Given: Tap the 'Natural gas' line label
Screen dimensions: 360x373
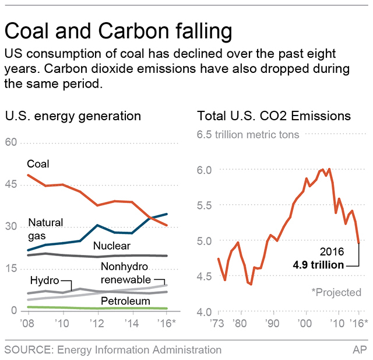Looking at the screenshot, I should pyautogui.click(x=45, y=228).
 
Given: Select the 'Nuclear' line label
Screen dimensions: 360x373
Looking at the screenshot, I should pyautogui.click(x=111, y=246).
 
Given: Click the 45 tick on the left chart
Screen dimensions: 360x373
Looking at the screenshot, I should pyautogui.click(x=11, y=184).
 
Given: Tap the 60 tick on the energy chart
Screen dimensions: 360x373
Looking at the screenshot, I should pyautogui.click(x=11, y=142).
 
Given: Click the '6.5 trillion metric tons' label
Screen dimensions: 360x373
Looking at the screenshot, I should pyautogui.click(x=249, y=134).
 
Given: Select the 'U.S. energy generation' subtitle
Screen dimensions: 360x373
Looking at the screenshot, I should pyautogui.click(x=73, y=116).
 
